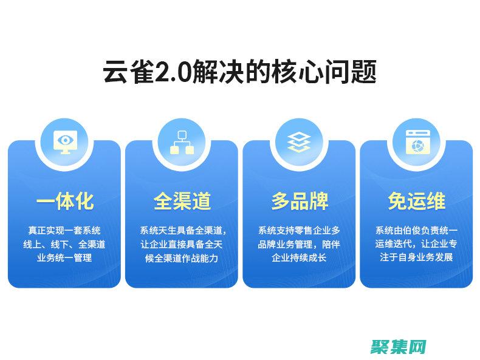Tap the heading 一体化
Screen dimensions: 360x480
tap(64, 202)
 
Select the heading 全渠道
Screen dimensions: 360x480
tap(182, 202)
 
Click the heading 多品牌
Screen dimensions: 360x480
tap(299, 202)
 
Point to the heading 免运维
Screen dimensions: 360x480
tap(416, 202)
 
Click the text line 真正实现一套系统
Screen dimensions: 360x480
tap(64, 231)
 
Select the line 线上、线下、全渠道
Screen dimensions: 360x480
tap(64, 244)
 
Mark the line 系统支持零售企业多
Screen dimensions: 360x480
tap(299, 231)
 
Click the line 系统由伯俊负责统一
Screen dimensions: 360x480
tap(416, 231)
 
